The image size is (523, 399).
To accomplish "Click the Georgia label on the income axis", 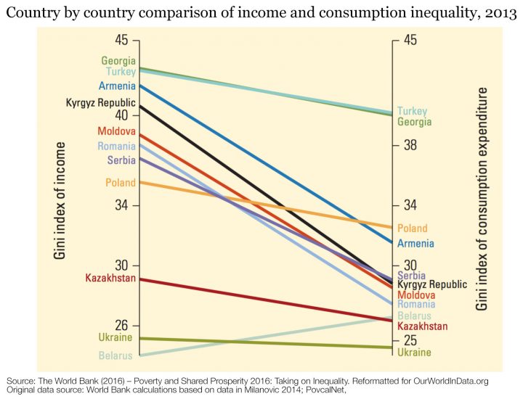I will pyautogui.click(x=118, y=61).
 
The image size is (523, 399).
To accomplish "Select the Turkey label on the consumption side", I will pyautogui.click(x=412, y=111).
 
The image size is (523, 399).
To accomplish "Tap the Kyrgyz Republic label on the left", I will pyautogui.click(x=101, y=102).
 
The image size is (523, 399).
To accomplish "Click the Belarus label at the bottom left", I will pyautogui.click(x=117, y=355).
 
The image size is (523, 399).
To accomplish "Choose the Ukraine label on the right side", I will pyautogui.click(x=414, y=352).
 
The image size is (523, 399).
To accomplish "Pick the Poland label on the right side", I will pyautogui.click(x=412, y=229).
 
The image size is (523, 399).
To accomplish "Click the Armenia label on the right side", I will pyautogui.click(x=415, y=243).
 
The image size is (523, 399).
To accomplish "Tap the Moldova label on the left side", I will pyautogui.click(x=116, y=131).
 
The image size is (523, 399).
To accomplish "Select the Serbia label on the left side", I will pyautogui.click(x=121, y=160).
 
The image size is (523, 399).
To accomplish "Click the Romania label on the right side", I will pyautogui.click(x=416, y=305).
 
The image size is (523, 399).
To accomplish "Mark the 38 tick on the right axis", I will pyautogui.click(x=410, y=145).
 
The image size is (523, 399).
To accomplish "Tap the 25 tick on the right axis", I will pyautogui.click(x=410, y=340).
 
